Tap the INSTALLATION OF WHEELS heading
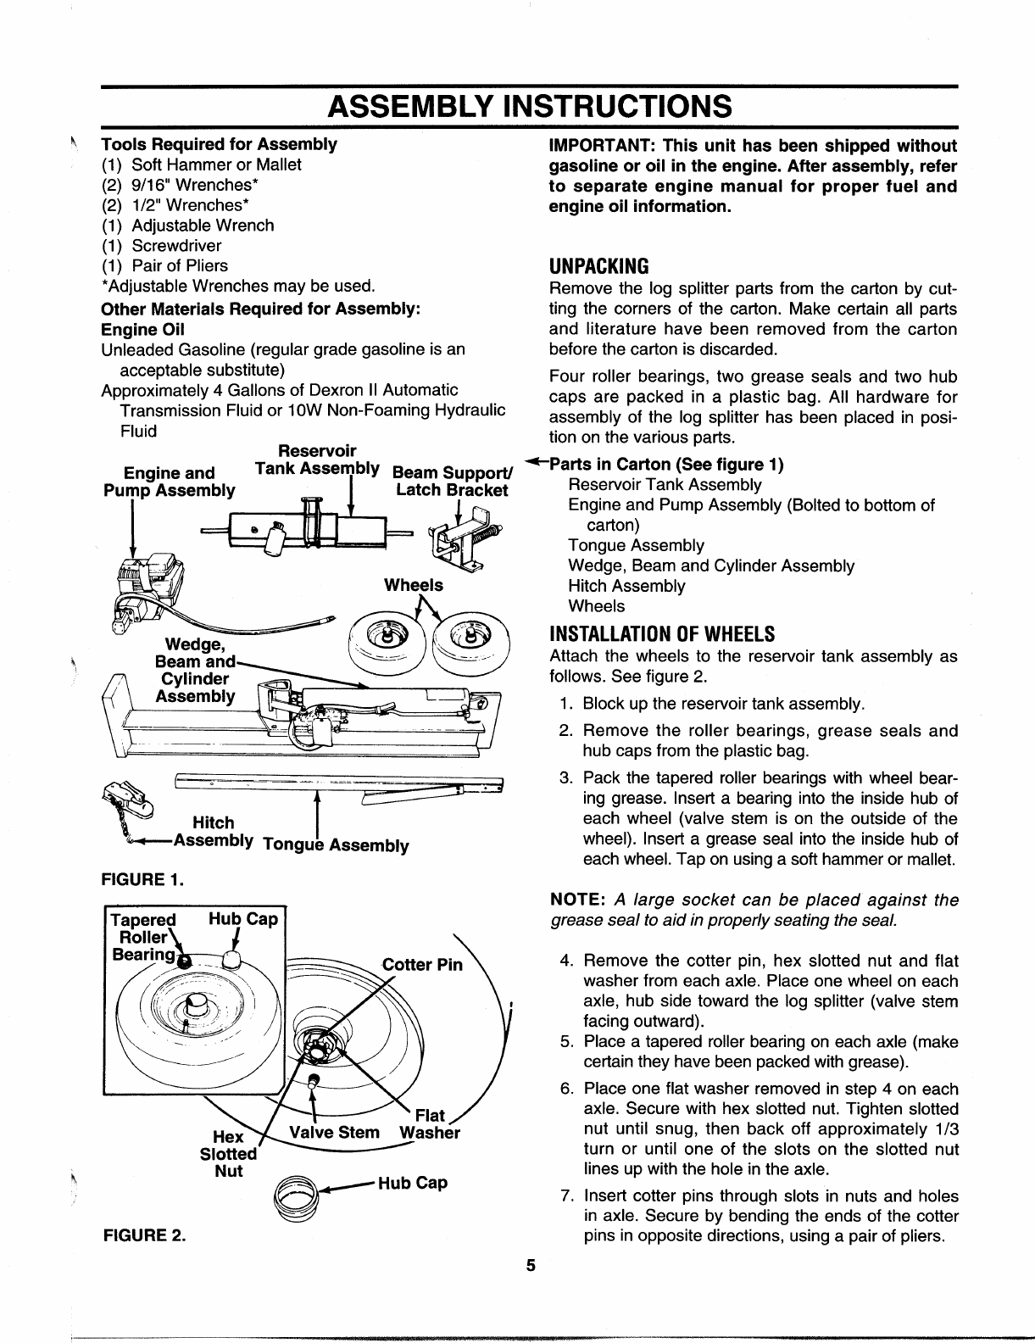coord(662,634)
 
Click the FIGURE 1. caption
coord(143,878)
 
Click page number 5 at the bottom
coord(530,1267)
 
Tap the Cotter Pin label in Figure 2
coord(422,965)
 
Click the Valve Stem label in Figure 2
coord(335,1133)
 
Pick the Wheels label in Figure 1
coord(413,585)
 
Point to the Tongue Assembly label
coord(337,845)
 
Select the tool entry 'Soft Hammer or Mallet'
coord(216,164)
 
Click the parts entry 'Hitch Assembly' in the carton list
coord(626,586)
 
